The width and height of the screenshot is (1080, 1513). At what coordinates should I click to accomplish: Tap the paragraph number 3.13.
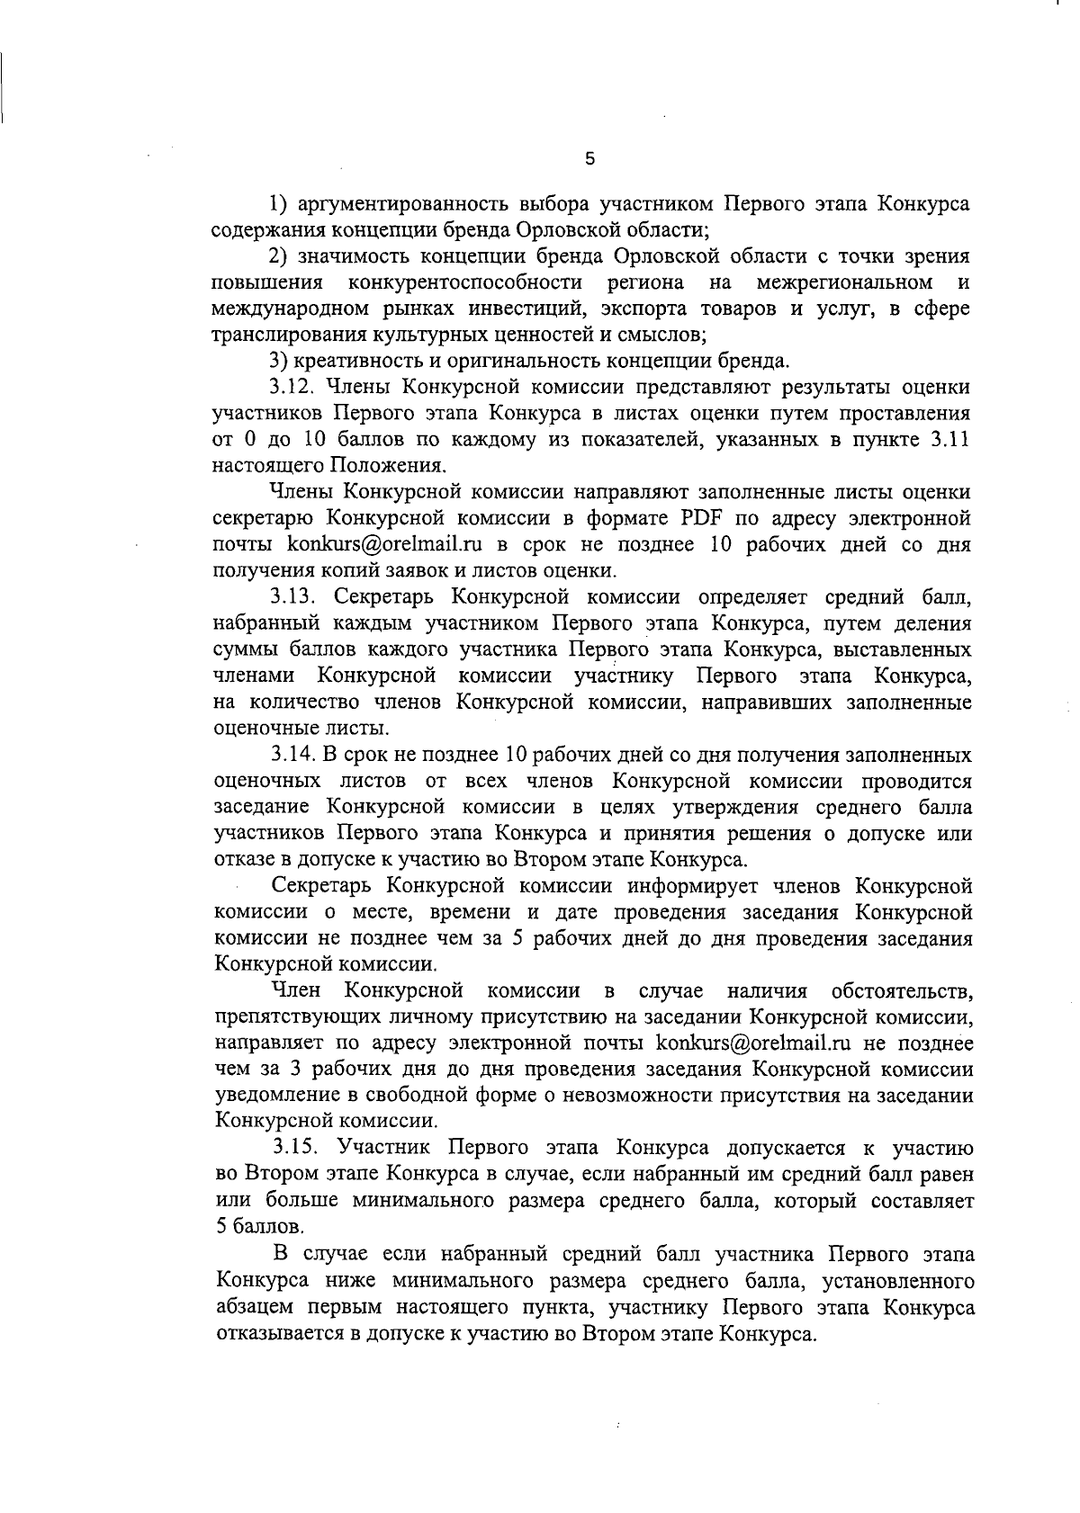click(x=295, y=597)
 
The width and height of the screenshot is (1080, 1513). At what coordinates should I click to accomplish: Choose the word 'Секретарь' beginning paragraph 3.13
click(x=391, y=597)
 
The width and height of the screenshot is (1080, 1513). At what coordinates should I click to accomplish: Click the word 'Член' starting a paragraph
click(x=296, y=991)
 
